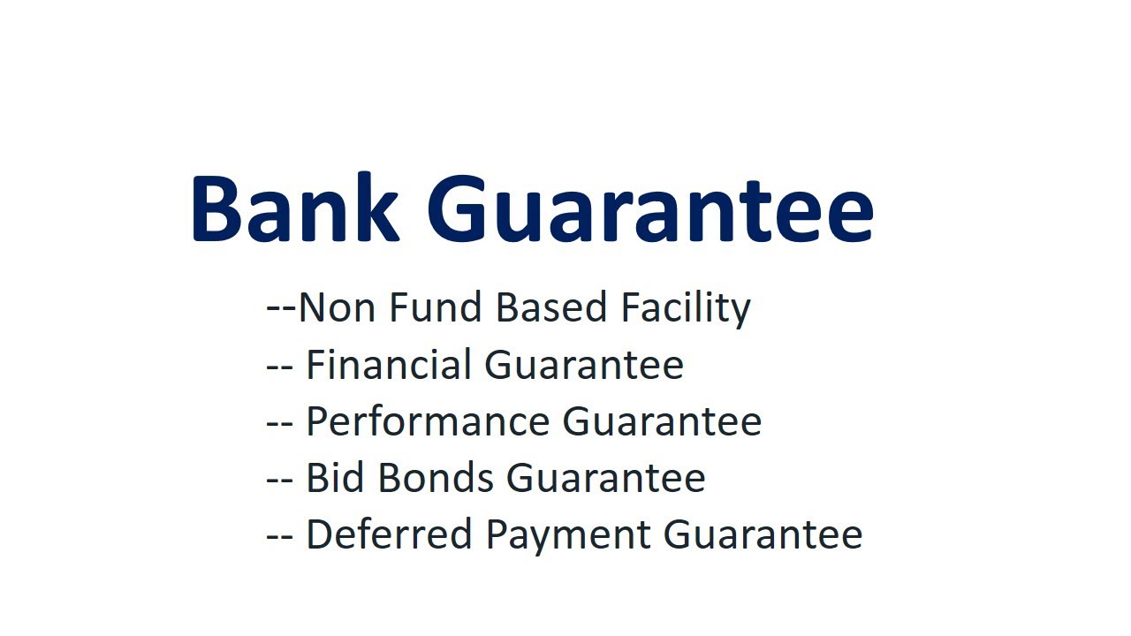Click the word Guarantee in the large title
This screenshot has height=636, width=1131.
650,210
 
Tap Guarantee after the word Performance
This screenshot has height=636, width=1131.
662,421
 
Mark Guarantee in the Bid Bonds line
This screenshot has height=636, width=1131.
605,478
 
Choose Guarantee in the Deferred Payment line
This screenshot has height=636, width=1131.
763,534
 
